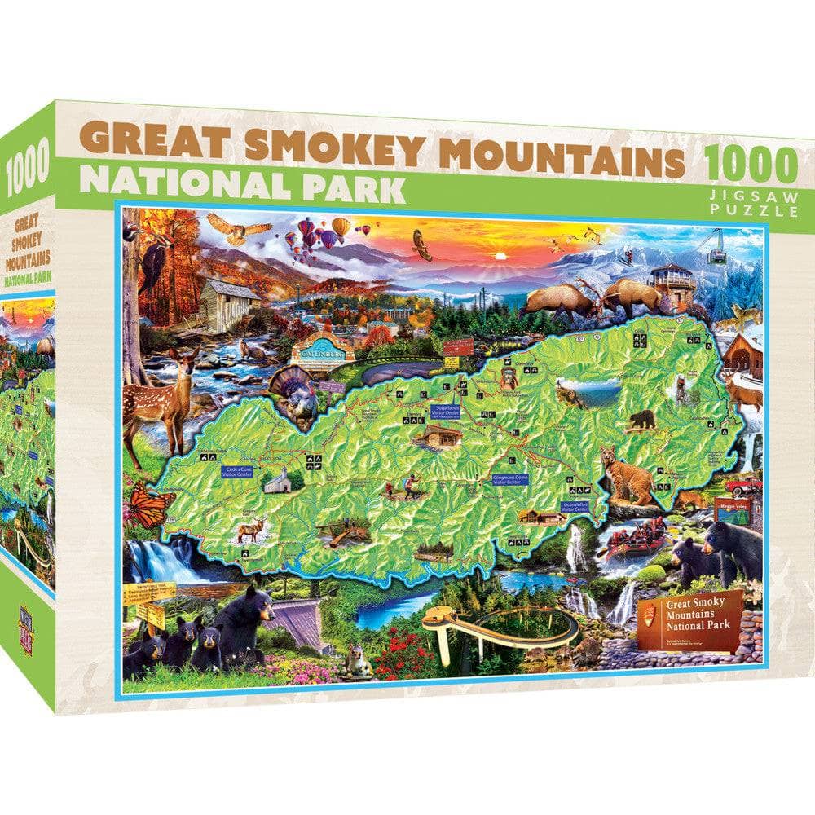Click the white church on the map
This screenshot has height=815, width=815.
(x=277, y=481)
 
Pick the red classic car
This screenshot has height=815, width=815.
(x=744, y=487)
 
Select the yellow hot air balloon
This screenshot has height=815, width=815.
(x=341, y=226)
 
